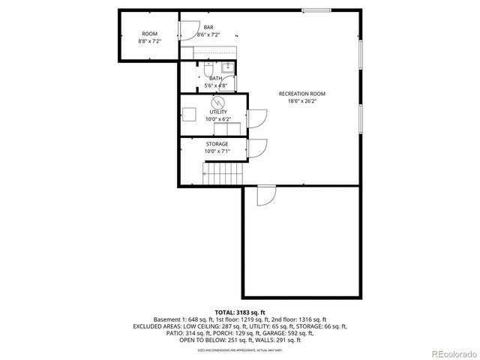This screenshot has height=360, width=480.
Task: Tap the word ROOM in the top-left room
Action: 150,34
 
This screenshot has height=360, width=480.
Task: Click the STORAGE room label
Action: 217,143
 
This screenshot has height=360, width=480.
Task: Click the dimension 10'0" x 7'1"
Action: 217,151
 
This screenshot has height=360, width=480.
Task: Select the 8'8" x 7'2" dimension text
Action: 150,41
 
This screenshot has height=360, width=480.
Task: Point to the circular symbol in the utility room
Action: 218,102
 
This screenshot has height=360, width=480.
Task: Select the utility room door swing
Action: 256,119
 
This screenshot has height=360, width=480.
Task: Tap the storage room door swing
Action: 256,148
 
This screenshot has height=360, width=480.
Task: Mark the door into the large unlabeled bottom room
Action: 265,195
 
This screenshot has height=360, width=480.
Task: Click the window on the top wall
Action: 316,10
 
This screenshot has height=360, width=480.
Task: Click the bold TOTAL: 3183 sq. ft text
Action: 240,312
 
